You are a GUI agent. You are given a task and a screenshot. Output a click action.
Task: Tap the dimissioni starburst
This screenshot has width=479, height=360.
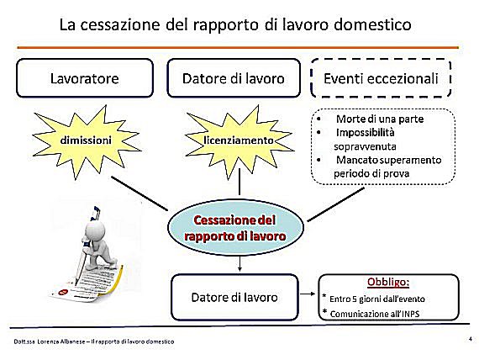point(86,141)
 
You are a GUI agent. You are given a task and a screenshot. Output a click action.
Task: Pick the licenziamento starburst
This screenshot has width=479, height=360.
point(239,141)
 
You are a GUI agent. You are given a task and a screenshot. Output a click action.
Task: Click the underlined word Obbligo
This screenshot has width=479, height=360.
point(388,282)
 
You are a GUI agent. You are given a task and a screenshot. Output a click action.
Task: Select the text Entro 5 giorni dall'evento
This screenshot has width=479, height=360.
point(377,299)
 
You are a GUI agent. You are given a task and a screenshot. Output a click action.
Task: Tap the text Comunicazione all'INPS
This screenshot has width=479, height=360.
point(375,314)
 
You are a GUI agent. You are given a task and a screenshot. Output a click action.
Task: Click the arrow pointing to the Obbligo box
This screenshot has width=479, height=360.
point(308,294)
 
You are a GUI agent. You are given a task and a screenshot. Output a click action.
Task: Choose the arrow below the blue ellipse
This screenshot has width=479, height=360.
point(239,264)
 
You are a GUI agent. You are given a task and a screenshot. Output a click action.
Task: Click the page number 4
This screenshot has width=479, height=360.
point(470,339)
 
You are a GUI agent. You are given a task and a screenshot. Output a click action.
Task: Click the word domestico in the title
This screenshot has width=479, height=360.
point(372,24)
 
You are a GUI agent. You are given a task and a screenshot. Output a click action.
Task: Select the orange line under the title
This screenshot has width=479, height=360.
point(238,47)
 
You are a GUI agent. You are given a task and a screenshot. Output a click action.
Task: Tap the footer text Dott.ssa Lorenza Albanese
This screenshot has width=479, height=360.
point(50,341)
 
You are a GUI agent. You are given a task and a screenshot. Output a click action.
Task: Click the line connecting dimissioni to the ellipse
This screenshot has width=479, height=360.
point(139,193)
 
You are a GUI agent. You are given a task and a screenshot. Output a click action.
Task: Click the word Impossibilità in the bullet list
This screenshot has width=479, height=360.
point(365,132)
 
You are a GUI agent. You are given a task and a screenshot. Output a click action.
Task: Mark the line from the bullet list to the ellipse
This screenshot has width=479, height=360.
point(335,204)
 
